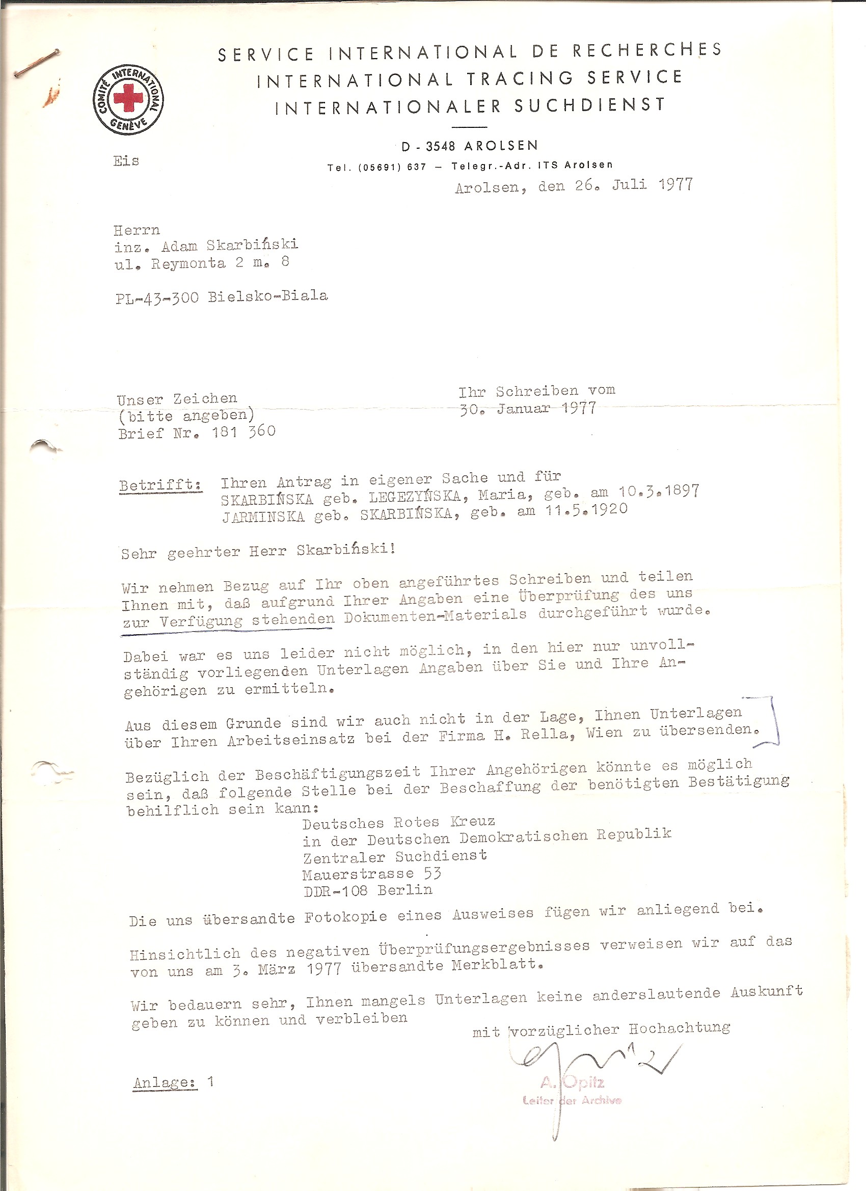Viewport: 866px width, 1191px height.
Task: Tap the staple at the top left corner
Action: click(36, 63)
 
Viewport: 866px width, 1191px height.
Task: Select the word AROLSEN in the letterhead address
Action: click(501, 146)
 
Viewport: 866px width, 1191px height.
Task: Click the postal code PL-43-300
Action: click(157, 299)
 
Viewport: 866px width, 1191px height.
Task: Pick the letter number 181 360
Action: click(243, 432)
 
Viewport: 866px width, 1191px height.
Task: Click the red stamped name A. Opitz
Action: click(572, 1082)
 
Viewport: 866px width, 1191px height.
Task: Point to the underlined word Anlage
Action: click(165, 1083)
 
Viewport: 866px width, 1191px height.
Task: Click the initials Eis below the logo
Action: click(126, 160)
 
